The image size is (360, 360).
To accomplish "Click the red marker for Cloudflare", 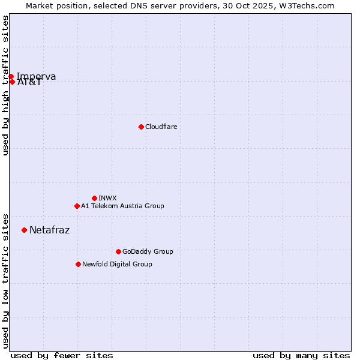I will [141, 127].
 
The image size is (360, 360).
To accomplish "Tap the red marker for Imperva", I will [11, 76].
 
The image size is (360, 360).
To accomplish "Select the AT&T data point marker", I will [12, 82].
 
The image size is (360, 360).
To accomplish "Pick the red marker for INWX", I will [94, 198].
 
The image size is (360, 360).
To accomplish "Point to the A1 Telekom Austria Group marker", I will [77, 206].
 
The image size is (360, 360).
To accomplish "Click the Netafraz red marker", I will [24, 230].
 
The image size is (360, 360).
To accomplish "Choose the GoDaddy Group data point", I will [118, 251].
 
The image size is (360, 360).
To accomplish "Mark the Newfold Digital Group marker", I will [78, 264].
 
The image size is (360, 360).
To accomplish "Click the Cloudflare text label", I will [161, 127].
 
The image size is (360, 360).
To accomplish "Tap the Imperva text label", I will [36, 76].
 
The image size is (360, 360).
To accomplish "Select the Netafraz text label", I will [49, 230].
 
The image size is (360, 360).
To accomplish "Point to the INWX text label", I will [107, 198].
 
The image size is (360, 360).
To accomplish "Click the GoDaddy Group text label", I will [148, 251].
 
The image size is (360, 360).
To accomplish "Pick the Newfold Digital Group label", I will [117, 264].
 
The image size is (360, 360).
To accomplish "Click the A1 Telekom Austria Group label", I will [122, 206].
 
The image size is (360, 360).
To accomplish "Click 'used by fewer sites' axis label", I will [62, 355].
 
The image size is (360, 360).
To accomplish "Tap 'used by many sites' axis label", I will [301, 355].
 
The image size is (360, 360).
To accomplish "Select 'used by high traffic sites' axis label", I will [6, 86].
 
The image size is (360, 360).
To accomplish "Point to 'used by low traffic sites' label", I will [6, 280].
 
